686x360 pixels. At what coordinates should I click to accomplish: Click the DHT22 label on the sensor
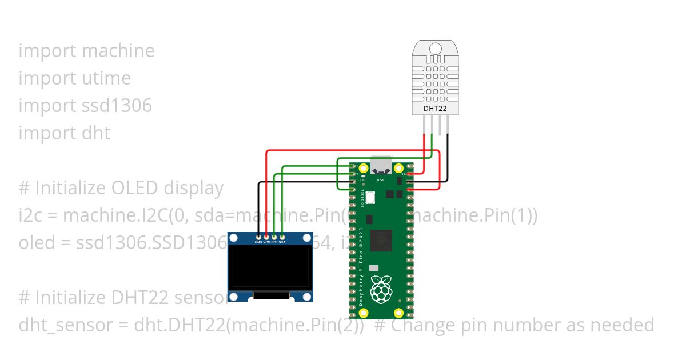click(435, 107)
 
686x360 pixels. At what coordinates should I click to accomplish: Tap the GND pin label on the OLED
click(258, 242)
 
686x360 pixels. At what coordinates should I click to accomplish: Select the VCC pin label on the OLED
click(266, 242)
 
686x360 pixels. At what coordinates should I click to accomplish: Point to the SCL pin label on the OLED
click(274, 242)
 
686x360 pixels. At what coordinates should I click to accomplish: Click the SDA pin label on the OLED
click(282, 242)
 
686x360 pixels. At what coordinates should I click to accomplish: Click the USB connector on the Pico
click(381, 166)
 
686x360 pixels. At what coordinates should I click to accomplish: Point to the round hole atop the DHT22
click(435, 49)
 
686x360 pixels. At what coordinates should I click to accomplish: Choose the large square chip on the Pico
click(381, 241)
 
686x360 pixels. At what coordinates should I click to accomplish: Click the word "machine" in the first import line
click(118, 50)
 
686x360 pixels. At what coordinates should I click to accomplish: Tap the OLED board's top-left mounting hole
click(234, 238)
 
